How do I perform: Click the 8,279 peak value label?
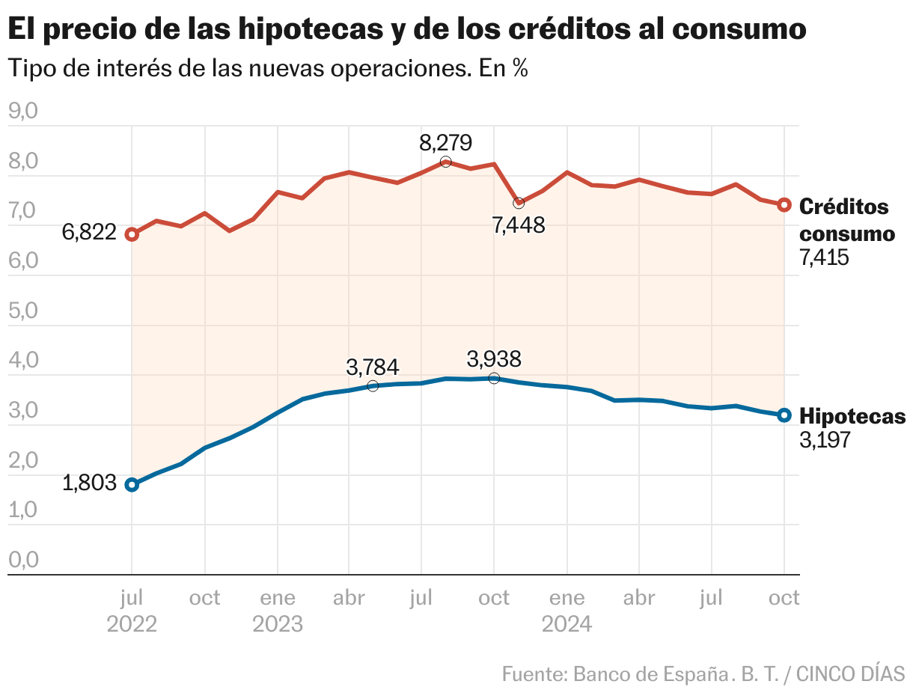tap(446, 142)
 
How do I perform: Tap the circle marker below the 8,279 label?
tap(446, 162)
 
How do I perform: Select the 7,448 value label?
tap(519, 224)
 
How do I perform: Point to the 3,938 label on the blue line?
tap(494, 359)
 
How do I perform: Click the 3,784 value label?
tap(373, 367)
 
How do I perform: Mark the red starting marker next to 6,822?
tap(132, 234)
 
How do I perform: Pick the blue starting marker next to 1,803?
tap(132, 485)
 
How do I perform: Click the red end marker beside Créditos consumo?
tap(784, 205)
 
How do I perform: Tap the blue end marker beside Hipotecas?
tap(784, 415)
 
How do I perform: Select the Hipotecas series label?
tap(852, 416)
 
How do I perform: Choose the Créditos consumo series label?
tap(846, 220)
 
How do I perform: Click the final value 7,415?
tap(825, 258)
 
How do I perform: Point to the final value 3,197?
tap(825, 440)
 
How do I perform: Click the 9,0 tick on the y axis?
tap(22, 112)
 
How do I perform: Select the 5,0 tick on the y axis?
tap(22, 311)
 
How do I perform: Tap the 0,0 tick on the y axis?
tap(22, 560)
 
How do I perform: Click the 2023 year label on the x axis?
tap(278, 623)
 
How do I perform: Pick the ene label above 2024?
tap(567, 598)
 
